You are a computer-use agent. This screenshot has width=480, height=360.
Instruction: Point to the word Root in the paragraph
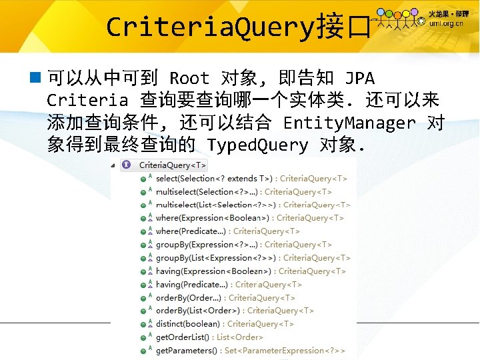click(189, 79)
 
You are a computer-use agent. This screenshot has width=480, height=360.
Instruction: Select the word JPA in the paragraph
click(360, 79)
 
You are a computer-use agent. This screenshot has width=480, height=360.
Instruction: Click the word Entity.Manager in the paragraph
click(349, 123)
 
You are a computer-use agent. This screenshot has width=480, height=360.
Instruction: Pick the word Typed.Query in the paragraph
click(257, 145)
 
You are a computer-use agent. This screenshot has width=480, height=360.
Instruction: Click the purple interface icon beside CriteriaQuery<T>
click(127, 165)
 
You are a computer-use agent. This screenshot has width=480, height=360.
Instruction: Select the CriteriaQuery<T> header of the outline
click(173, 165)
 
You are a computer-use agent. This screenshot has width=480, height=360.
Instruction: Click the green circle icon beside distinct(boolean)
click(144, 325)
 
